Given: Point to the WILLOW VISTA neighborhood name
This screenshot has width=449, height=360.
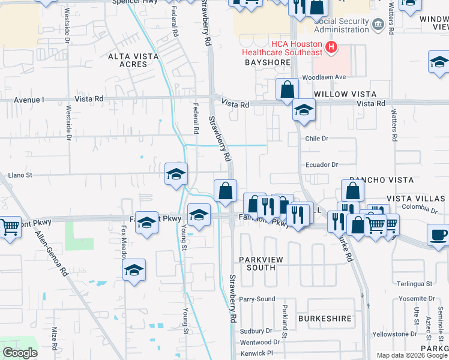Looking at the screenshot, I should pos(345,94).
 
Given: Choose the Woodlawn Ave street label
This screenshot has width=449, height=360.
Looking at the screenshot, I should pos(324,77).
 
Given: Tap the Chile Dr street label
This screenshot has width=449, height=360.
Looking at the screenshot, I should pos(317,139).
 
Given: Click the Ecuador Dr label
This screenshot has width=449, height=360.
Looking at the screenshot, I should pos(322,164).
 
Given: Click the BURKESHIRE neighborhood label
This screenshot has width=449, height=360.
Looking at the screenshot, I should pos(325,319).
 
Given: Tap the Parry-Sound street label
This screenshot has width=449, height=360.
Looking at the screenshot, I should pos(257,299).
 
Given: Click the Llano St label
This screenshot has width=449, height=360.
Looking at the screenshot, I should pos(20,175).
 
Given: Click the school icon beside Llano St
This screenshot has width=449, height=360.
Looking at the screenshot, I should pos(176,174).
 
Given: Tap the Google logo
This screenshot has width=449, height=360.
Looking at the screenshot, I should pos(20,353).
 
